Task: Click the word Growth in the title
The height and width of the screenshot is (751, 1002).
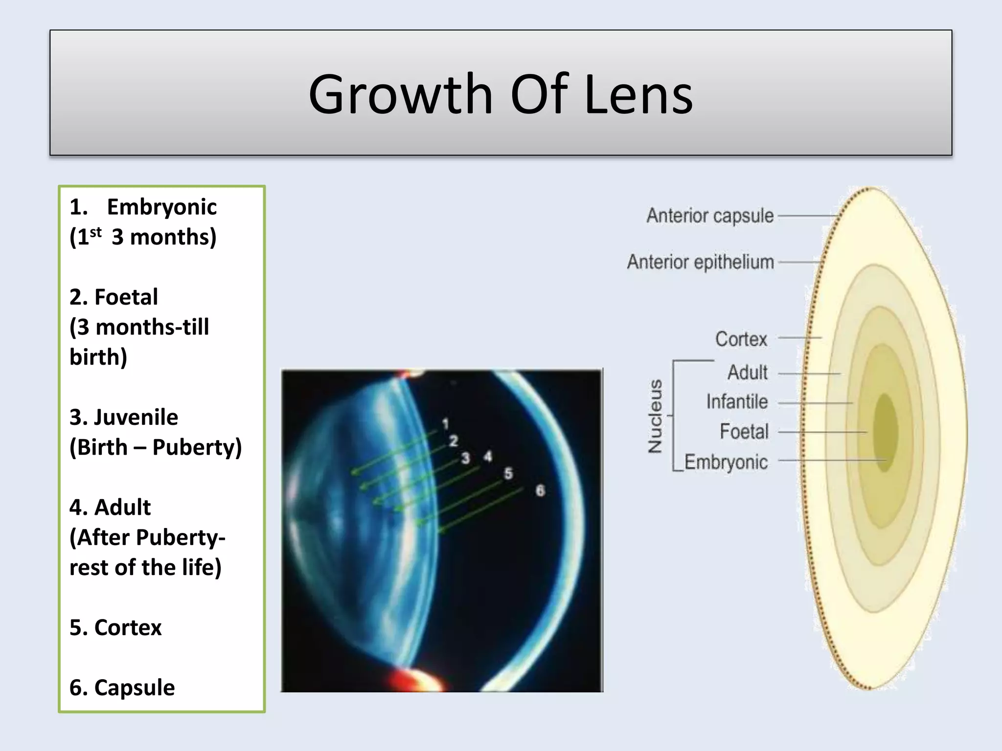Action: [x=400, y=94]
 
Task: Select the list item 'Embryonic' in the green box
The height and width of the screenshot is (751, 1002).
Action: [x=161, y=207]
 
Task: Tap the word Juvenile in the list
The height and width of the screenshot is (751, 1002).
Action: [x=136, y=417]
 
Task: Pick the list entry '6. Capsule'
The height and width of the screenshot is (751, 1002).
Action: [x=122, y=687]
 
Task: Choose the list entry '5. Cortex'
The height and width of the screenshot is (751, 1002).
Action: [x=115, y=627]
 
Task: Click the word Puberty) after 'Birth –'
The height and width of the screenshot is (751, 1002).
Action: [x=197, y=447]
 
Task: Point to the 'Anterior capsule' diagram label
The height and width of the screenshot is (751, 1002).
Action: [x=710, y=216]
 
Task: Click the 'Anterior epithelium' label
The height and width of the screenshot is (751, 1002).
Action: [x=700, y=262]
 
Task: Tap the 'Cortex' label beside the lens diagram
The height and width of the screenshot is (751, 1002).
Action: [x=741, y=339]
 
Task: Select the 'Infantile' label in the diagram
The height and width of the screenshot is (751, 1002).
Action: [x=737, y=402]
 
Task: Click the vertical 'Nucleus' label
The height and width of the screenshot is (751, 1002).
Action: [x=655, y=416]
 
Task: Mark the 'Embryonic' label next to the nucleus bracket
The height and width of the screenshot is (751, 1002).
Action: [x=726, y=462]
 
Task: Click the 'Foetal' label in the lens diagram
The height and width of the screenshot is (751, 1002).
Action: [x=744, y=432]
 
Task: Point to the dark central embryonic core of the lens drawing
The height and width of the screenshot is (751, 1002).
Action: [x=885, y=433]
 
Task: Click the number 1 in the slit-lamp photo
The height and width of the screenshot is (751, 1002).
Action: [x=445, y=424]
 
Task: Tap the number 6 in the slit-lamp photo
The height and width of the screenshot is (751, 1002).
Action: [x=540, y=490]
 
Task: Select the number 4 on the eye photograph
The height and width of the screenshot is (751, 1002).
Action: [x=488, y=457]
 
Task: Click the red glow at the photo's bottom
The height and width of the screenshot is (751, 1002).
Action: [x=408, y=680]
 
